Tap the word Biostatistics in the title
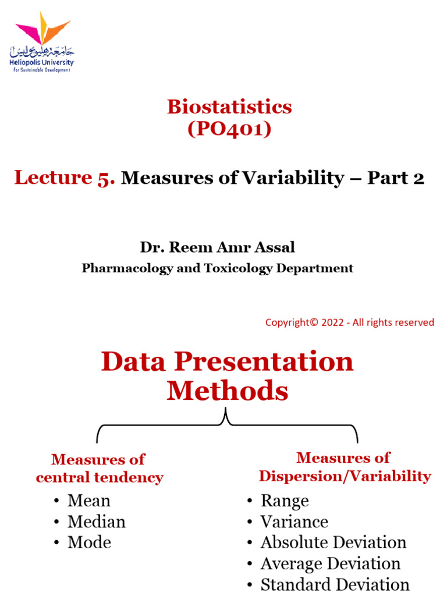229,107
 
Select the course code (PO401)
229,129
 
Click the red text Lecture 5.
65,178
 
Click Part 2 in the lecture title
396,178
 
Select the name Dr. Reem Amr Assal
217,247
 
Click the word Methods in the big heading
228,391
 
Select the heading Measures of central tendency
99,469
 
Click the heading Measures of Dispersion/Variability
345,467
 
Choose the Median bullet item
96,521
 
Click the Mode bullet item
89,542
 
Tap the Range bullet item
284,501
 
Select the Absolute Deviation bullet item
333,542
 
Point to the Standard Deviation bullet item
335,584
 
